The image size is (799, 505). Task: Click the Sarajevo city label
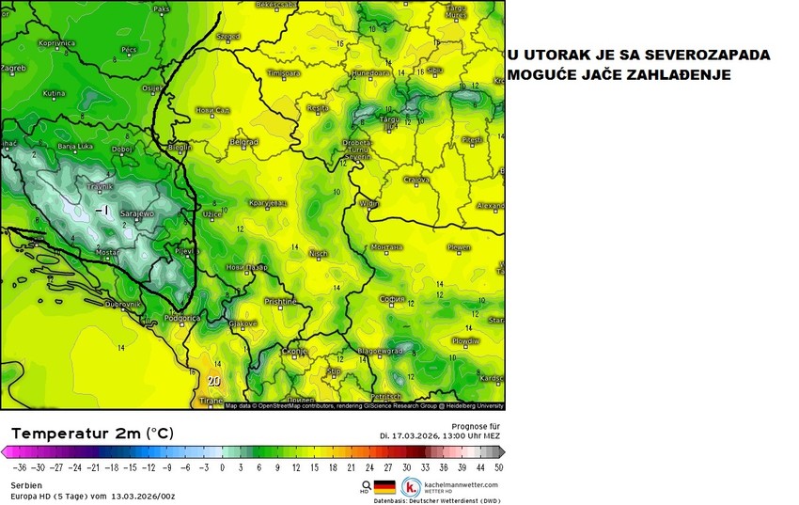pos(138,214)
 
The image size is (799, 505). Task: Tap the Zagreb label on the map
pos(13,69)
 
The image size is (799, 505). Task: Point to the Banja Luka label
pos(74,147)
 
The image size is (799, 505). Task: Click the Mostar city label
pos(109,253)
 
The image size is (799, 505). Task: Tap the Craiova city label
pos(416,180)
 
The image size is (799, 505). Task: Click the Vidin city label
pos(370,203)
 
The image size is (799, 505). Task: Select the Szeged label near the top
pos(227,37)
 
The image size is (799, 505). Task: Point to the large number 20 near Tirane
pos(214,381)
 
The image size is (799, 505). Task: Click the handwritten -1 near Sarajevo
pos(103,210)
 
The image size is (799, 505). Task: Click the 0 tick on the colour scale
pos(223,466)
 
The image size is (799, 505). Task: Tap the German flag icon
pos(384,486)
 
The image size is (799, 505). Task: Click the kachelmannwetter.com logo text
pos(462,484)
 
